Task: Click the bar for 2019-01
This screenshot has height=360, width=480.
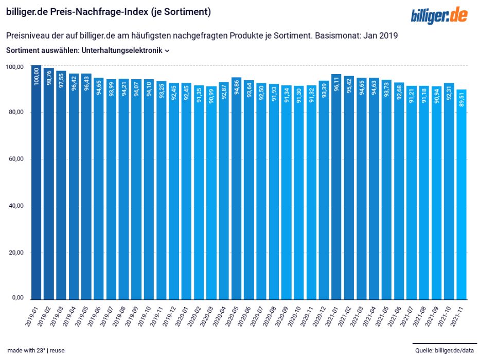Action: (36, 183)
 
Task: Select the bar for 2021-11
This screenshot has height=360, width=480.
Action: (461, 194)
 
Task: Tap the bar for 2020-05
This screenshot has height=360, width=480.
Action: (236, 188)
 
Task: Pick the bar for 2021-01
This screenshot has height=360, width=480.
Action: (336, 187)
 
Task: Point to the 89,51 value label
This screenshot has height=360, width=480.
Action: (461, 99)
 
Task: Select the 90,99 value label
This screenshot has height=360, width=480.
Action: (211, 96)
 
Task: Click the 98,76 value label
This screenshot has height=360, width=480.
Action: (49, 78)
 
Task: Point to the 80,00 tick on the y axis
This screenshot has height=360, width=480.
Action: (16, 112)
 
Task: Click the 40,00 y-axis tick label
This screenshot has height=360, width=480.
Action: (16, 206)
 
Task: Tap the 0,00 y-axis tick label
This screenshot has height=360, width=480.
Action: (18, 298)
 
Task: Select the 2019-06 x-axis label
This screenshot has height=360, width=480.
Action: (94, 316)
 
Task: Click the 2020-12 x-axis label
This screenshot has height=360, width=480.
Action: (319, 316)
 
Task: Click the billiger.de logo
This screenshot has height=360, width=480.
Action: (439, 15)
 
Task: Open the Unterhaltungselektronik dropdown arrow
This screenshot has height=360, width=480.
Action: (167, 51)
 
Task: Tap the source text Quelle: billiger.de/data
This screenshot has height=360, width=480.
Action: (445, 350)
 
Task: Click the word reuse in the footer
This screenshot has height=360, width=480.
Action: (57, 351)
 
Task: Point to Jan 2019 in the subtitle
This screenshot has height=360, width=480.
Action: (381, 35)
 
